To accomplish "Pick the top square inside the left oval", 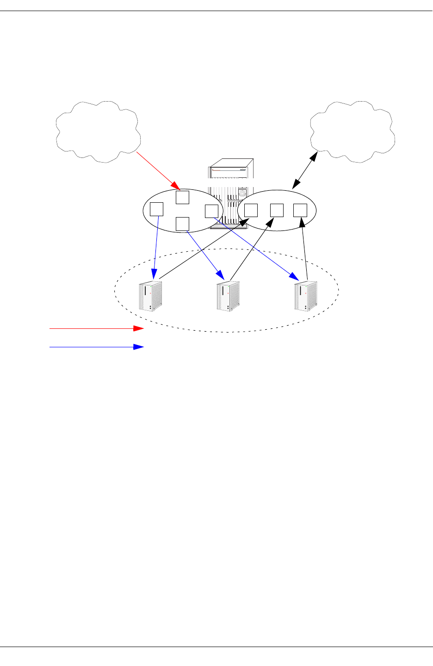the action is [x=183, y=197].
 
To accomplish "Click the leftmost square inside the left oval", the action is [x=157, y=209].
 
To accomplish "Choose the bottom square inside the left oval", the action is [x=183, y=224].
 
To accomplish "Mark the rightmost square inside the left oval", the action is [x=211, y=211].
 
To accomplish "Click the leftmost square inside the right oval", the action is [x=251, y=210].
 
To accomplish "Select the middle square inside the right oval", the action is [x=277, y=210].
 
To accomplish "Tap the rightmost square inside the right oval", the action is [x=300, y=210].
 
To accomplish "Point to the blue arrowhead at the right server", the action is [x=294, y=277].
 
